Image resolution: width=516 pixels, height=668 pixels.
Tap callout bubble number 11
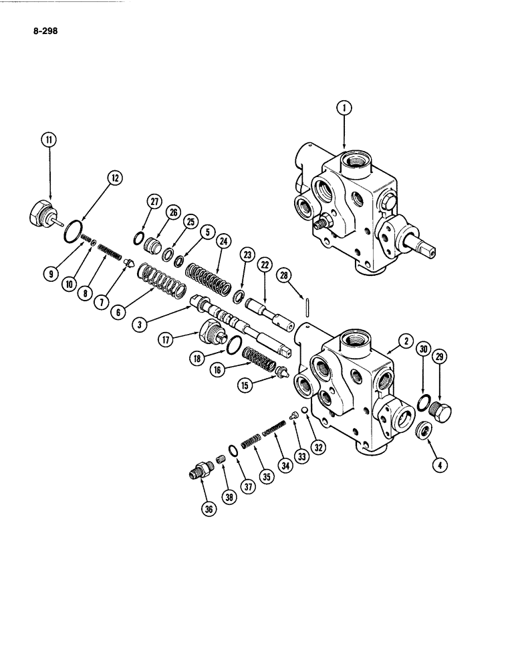tap(49, 140)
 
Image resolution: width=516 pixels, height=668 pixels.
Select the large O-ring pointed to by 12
tap(72, 231)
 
